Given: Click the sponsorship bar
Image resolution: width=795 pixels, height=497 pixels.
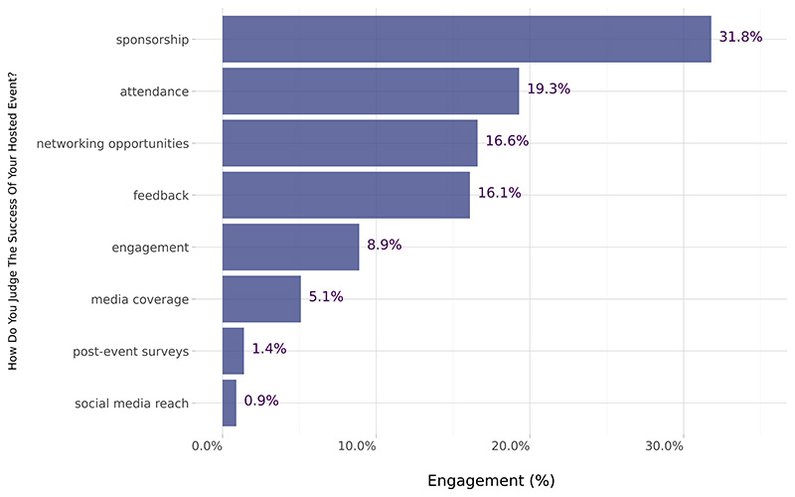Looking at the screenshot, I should coord(466,39).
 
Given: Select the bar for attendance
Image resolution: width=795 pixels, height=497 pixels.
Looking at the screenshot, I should coord(370,90).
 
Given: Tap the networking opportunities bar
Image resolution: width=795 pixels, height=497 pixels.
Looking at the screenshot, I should coord(349,142).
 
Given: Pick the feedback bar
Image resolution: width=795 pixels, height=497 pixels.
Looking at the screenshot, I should coord(345,195).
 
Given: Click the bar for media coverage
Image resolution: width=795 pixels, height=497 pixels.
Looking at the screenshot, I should coord(260,298).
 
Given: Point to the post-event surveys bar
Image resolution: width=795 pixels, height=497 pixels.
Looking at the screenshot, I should coord(233,351).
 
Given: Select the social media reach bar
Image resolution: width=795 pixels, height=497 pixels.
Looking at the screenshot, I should coord(229,403).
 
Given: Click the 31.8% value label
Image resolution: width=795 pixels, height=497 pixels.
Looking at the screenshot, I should coord(740,37).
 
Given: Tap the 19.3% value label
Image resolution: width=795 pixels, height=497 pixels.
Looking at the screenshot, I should coord(549,88).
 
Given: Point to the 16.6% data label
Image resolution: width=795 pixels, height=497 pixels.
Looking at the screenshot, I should coord(507,141).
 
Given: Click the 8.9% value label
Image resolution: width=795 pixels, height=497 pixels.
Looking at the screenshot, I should coord(384,245).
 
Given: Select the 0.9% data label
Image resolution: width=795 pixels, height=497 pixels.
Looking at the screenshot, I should coord(261,401).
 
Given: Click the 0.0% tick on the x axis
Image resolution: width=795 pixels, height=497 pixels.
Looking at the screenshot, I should coord(208,446).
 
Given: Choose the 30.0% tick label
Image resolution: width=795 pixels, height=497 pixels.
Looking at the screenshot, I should coord(664,446).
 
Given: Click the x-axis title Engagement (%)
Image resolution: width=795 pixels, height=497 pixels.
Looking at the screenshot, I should coord(491,480).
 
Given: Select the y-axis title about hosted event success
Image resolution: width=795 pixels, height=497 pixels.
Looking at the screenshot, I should coord(14,227).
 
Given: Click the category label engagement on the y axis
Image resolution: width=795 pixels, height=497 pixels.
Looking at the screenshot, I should coord(150,248).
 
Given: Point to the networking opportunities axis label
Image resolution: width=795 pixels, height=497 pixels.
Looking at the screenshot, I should coord(112,143).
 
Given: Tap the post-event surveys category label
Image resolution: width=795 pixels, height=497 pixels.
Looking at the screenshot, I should coord(131,352).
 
